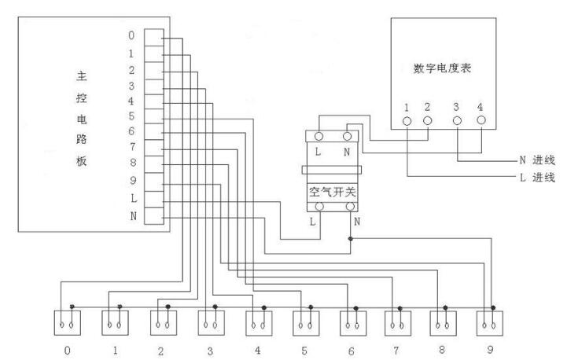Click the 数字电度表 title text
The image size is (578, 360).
pos(443,68)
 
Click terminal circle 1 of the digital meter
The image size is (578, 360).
pos(407,121)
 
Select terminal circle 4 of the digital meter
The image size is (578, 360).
pos(480,121)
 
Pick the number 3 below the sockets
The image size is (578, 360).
pos(210,351)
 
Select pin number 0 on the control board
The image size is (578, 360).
pos(131,35)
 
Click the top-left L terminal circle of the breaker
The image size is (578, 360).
pos(321,136)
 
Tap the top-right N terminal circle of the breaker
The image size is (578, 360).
pos(348,136)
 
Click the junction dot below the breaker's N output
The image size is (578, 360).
pos(351,237)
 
